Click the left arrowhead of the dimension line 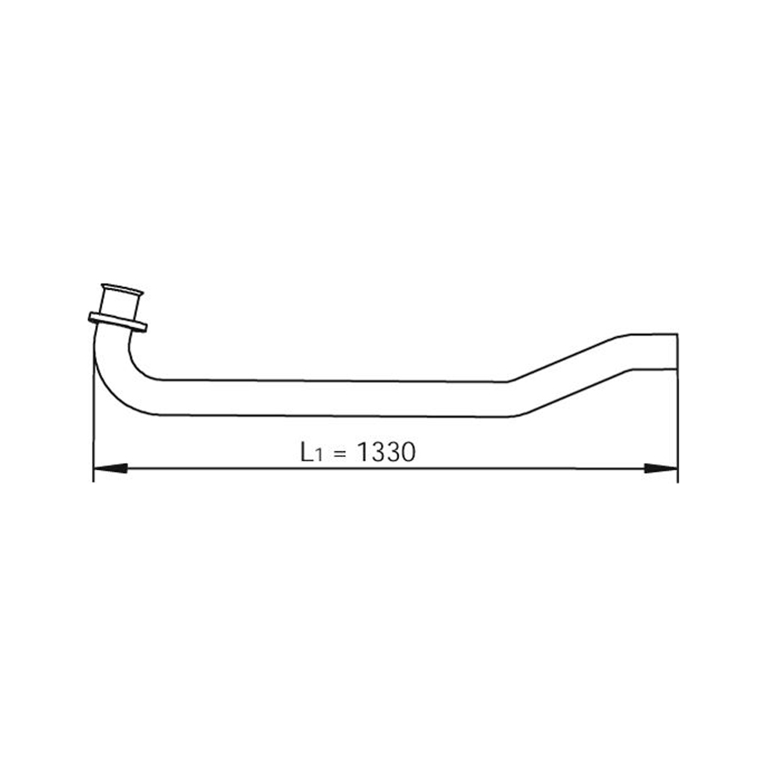[x=110, y=468]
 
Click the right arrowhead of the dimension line [x=661, y=468]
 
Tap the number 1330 [x=386, y=452]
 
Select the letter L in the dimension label [x=306, y=452]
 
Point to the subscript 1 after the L [x=318, y=456]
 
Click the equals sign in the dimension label [x=340, y=454]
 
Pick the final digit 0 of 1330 [x=408, y=452]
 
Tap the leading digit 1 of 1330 [x=363, y=452]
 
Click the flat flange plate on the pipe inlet [x=117, y=322]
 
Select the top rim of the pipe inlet [x=122, y=289]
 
